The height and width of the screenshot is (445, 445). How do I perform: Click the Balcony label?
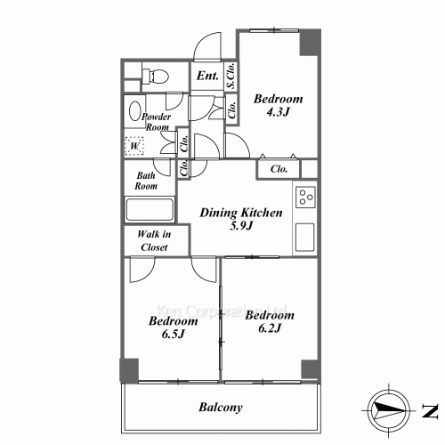click(x=221, y=408)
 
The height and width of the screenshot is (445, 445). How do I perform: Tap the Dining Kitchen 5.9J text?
click(x=240, y=220)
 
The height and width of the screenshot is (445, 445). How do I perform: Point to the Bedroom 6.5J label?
click(x=173, y=328)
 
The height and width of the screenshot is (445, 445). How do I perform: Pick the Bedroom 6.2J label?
click(x=269, y=322)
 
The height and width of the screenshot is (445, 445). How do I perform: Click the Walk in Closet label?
click(x=155, y=241)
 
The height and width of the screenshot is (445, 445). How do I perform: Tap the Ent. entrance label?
click(x=208, y=77)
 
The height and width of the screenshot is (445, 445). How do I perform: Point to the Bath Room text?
click(x=147, y=182)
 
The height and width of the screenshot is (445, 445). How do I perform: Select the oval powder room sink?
click(x=134, y=112)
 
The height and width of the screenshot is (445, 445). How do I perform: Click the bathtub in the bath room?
click(x=150, y=211)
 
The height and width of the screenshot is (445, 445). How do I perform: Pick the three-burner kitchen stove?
click(x=304, y=197)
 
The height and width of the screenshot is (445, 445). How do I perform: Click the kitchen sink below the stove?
click(x=304, y=237)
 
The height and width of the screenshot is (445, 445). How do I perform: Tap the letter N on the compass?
click(x=428, y=410)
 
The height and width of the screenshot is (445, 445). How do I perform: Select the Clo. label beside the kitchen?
click(x=279, y=168)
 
